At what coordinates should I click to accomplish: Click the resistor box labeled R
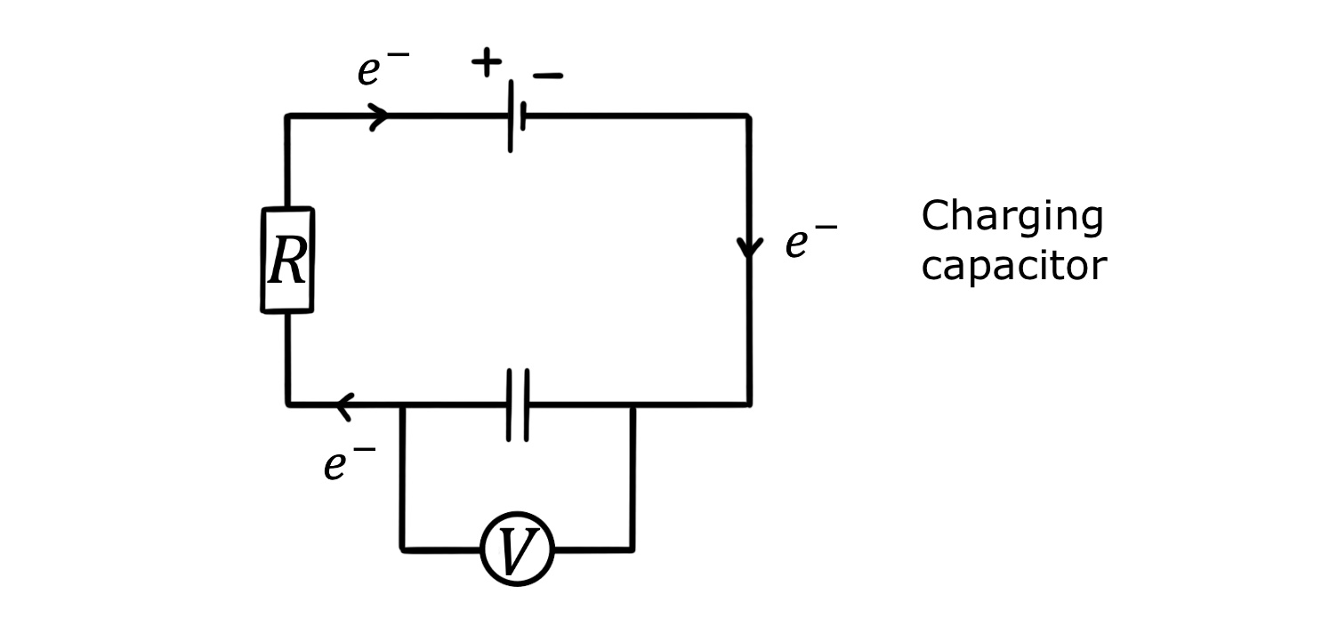[287, 261]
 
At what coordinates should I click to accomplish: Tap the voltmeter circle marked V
[517, 549]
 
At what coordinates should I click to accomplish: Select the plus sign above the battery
[486, 62]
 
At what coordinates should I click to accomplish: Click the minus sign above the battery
[548, 76]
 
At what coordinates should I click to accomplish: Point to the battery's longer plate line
[511, 116]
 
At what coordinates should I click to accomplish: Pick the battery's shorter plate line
[524, 116]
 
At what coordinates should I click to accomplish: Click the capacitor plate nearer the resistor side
[510, 405]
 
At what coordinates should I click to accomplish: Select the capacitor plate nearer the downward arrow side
[527, 405]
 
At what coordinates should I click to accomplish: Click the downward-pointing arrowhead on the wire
[750, 247]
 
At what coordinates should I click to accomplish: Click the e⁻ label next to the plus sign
[383, 69]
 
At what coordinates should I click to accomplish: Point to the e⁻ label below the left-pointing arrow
[350, 463]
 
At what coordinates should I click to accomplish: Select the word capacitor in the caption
[1013, 266]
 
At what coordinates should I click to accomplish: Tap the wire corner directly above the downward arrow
[748, 116]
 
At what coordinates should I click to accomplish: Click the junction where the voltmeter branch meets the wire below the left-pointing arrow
[402, 405]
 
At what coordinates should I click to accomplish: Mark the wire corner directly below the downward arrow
[749, 404]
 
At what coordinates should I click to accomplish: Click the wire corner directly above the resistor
[287, 116]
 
